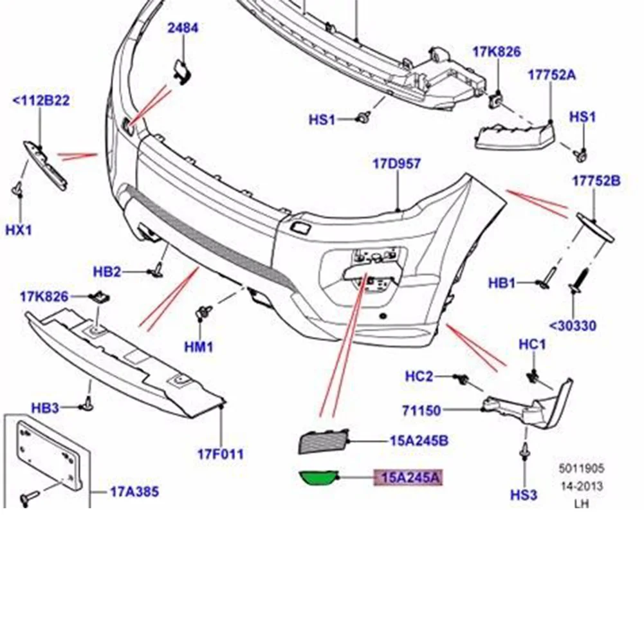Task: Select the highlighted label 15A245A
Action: coord(410,477)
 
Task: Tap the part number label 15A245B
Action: coord(418,441)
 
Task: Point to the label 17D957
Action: coord(397,163)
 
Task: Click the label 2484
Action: coord(183,28)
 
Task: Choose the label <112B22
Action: coord(41,100)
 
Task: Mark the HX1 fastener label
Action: coord(19,230)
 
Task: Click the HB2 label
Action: coord(107,272)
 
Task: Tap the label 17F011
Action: coord(221,454)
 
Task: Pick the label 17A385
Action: coord(134,492)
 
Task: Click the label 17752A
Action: coord(552,75)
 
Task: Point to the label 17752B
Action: coord(596,181)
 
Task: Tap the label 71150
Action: coord(423,410)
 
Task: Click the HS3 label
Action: coord(523,494)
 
